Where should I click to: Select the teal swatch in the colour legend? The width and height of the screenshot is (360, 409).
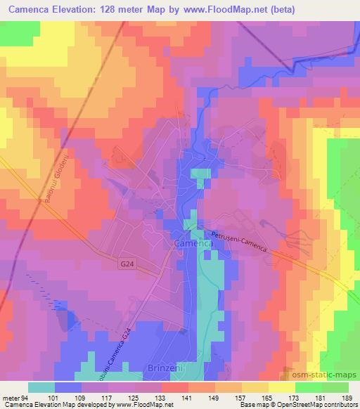pos(41,387)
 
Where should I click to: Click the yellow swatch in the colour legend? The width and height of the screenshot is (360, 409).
pos(281,387)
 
